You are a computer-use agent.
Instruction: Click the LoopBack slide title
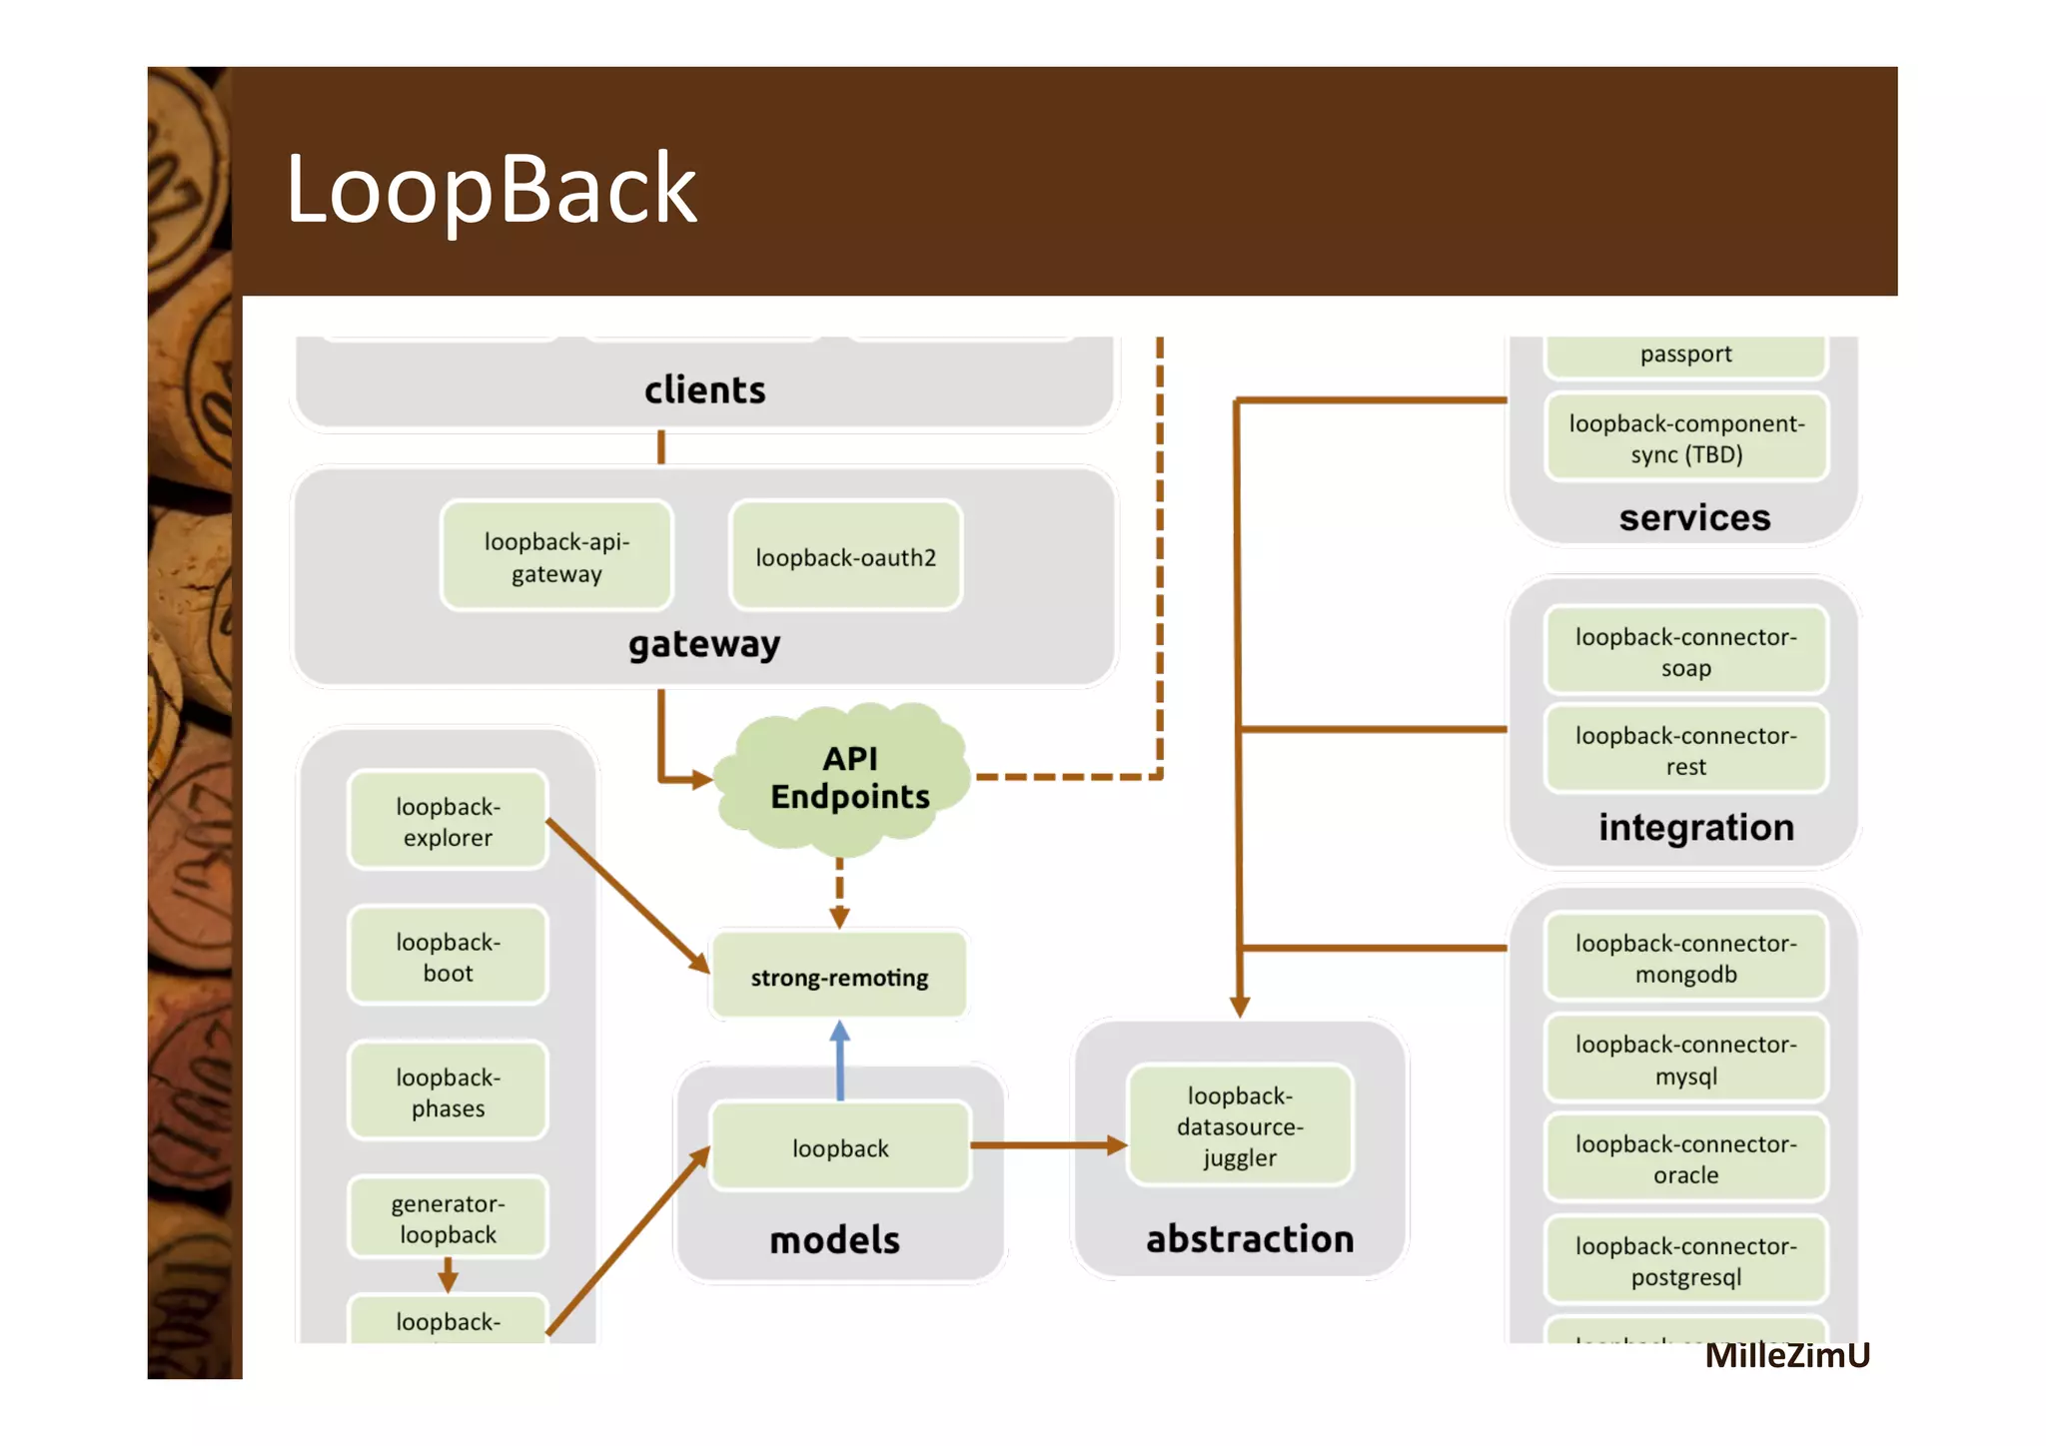tap(491, 189)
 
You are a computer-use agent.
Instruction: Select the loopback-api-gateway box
tap(556, 556)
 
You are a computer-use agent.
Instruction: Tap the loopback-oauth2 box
tap(845, 556)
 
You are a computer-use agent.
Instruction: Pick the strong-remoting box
tap(839, 977)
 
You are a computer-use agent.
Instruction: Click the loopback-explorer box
tap(448, 821)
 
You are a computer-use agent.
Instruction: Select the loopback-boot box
tap(448, 957)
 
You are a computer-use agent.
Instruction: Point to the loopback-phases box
tap(448, 1091)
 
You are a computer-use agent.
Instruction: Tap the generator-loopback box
tap(448, 1218)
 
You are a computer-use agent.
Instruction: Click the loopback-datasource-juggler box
tap(1239, 1126)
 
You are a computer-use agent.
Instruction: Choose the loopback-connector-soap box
tap(1685, 651)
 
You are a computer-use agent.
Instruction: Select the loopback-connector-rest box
tap(1685, 750)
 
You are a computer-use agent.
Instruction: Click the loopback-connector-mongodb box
tap(1685, 958)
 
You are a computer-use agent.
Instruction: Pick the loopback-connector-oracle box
tap(1685, 1158)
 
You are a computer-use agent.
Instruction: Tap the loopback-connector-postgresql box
tap(1685, 1260)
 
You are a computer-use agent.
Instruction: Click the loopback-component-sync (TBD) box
tap(1685, 438)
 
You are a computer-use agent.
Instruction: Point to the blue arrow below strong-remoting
tap(840, 1061)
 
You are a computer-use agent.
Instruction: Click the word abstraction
tap(1249, 1238)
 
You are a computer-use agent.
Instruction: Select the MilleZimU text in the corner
tap(1786, 1355)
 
